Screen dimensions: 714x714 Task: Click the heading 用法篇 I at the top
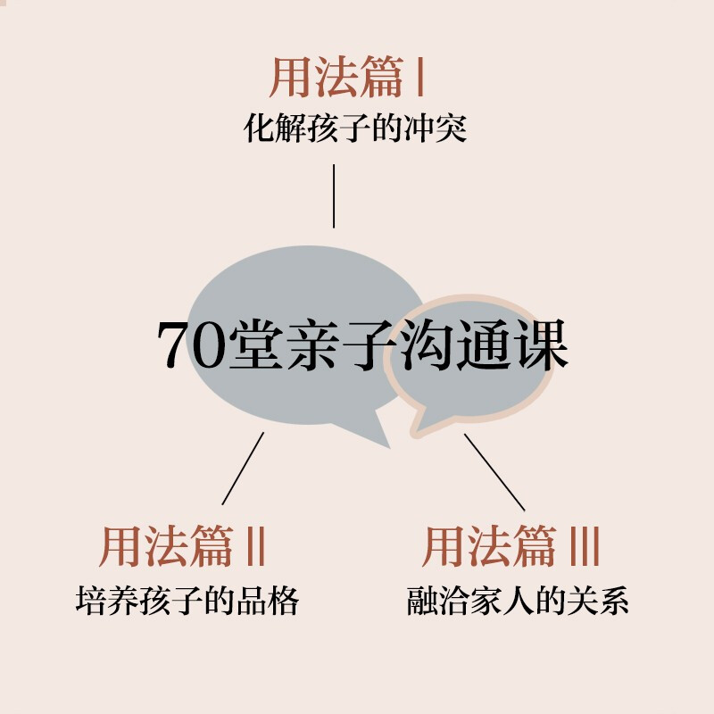coord(346,79)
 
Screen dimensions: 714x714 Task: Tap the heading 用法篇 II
coord(182,546)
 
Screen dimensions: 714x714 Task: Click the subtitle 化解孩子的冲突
coord(356,131)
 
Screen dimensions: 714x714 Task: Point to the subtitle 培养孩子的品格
coord(187,600)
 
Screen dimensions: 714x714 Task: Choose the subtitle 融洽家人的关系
coord(518,600)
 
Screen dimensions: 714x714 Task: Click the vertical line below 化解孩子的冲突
coord(334,195)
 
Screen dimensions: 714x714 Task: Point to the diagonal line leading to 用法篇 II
coord(243,469)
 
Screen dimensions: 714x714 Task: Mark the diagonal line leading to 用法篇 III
coord(494,471)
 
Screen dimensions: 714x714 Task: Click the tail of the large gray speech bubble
coord(379,436)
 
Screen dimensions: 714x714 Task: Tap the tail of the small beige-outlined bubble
coord(418,427)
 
